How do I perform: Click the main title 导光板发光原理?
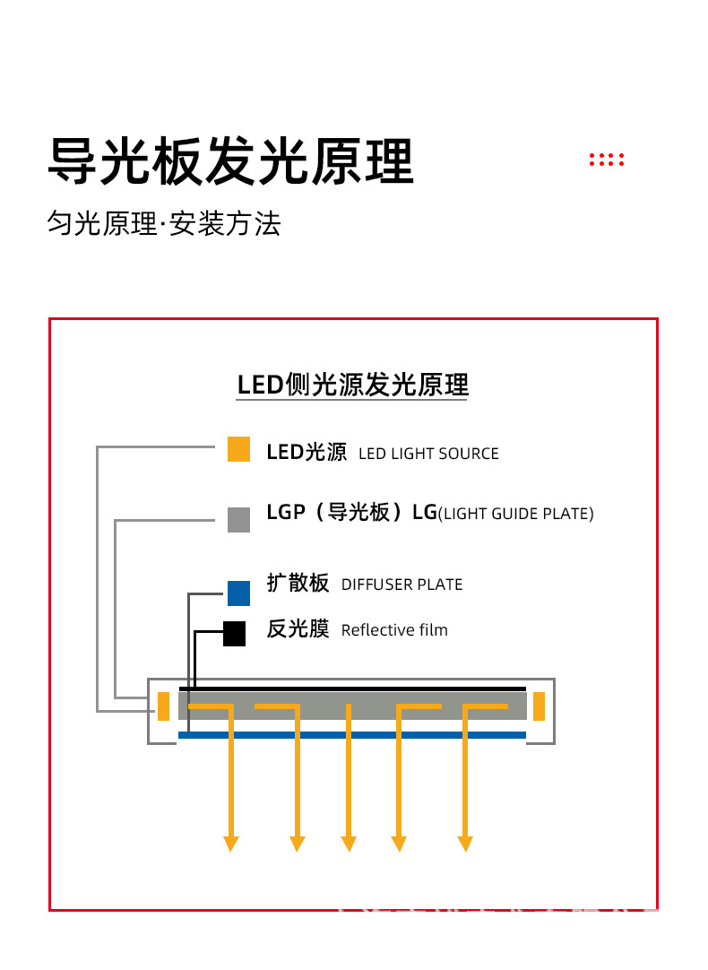click(230, 161)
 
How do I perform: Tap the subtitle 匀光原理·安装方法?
click(164, 223)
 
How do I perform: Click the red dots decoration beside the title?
click(606, 160)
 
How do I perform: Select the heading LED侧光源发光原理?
click(352, 385)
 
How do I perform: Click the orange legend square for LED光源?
click(238, 449)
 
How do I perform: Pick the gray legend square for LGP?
click(238, 520)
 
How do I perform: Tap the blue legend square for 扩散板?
click(238, 593)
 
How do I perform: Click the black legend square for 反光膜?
click(234, 634)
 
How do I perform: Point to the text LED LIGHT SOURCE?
click(428, 454)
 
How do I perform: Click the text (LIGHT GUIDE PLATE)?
click(515, 514)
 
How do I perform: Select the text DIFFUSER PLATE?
click(401, 585)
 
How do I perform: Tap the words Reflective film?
click(394, 630)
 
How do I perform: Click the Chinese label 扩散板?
click(298, 583)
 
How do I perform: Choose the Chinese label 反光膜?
click(298, 629)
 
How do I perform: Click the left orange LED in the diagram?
click(163, 706)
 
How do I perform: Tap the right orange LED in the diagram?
click(539, 706)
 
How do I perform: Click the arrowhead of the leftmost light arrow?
click(231, 844)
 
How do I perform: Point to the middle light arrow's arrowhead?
click(349, 844)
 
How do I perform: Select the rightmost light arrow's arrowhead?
click(465, 844)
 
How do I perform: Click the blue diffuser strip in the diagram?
click(351, 735)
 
